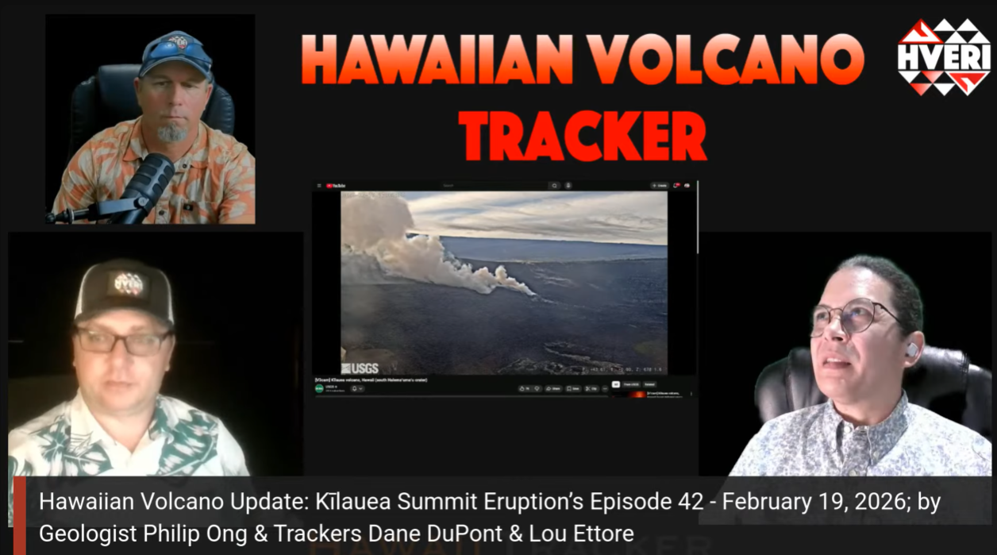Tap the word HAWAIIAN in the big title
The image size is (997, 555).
(437, 60)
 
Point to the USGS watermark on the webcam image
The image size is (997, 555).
(360, 368)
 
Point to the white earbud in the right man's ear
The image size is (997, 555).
(911, 349)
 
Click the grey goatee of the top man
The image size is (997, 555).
(171, 133)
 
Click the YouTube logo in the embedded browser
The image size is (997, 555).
(336, 186)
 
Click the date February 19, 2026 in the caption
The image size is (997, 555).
(824, 503)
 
